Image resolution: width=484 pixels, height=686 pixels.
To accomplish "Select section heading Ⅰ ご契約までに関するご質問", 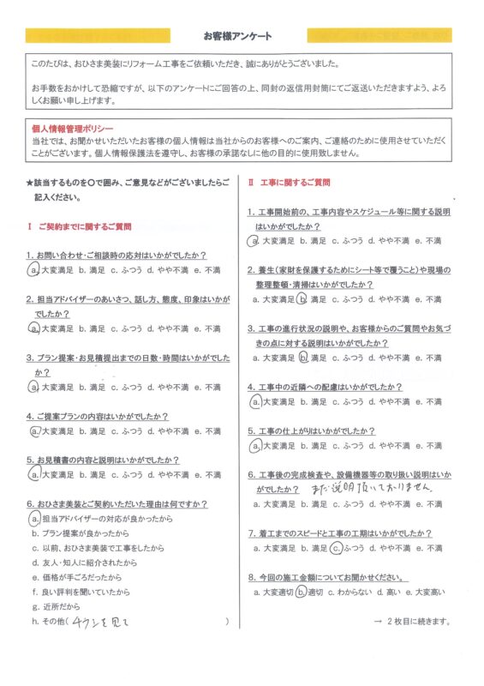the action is (x=79, y=226).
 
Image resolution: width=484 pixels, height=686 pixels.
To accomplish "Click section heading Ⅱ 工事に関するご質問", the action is (x=289, y=184).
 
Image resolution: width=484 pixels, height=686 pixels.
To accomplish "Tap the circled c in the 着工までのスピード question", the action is (x=338, y=545).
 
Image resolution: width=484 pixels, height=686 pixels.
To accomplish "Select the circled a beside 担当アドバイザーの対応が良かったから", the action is (x=33, y=518).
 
